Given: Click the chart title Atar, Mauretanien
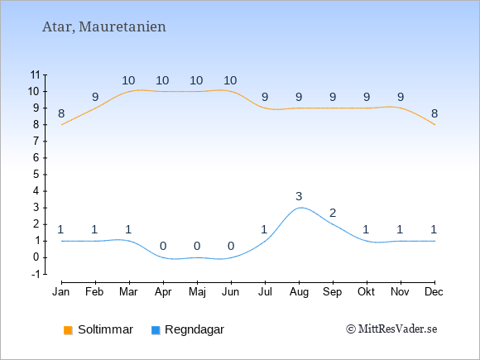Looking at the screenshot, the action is click(x=104, y=27).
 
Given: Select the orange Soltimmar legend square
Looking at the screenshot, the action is click(x=68, y=330).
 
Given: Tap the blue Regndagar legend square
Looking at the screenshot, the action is click(x=156, y=330).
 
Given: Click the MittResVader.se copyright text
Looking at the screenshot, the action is click(x=391, y=329).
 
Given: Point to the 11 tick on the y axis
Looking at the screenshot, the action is click(x=36, y=74).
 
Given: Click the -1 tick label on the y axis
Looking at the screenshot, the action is click(x=36, y=274).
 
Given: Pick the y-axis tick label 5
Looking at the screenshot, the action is click(x=36, y=175).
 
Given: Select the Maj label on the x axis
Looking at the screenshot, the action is click(x=197, y=292).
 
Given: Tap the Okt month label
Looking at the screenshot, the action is click(x=366, y=292).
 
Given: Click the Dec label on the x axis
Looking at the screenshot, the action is click(x=434, y=292).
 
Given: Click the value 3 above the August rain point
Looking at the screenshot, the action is click(x=299, y=196).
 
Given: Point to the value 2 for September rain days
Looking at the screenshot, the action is click(x=333, y=213).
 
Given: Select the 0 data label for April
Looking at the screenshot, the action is click(x=163, y=246).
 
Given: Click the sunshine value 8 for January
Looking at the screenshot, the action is click(x=61, y=113).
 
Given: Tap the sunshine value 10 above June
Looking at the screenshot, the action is click(x=230, y=80).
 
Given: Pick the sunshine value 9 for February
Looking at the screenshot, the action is click(x=95, y=97).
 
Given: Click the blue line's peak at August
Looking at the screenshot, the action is click(x=301, y=208).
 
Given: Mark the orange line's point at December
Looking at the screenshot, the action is click(x=434, y=125).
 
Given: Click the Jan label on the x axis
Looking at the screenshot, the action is click(x=61, y=292).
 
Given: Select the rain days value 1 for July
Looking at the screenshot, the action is click(x=264, y=229).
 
